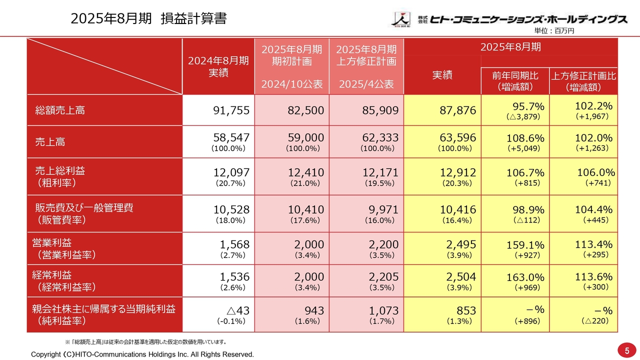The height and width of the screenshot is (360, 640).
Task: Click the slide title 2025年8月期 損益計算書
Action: [148, 19]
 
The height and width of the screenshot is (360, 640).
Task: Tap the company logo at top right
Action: [509, 19]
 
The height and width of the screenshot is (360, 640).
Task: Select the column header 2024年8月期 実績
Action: [218, 66]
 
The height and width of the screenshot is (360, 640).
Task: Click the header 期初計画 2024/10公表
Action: [291, 66]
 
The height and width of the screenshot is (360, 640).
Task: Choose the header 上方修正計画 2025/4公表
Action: [366, 66]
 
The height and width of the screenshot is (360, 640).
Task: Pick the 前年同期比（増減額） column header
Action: [515, 81]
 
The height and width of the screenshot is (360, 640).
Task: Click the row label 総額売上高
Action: [60, 110]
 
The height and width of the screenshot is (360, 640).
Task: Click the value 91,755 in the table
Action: [231, 110]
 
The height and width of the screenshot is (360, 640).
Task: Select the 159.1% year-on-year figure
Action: [525, 245]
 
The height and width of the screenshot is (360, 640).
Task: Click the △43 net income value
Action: [235, 310]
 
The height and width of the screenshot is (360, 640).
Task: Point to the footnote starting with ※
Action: [145, 342]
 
